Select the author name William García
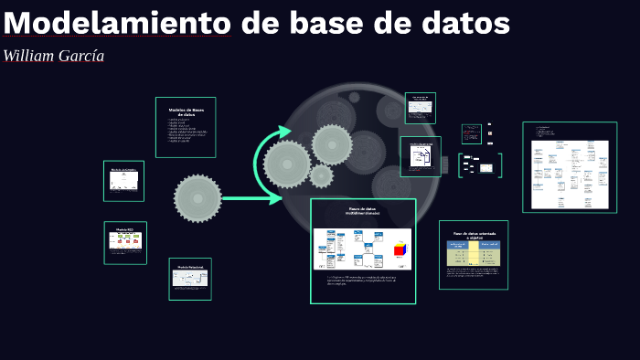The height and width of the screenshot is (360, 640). click(54, 56)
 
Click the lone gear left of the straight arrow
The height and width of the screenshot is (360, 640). click(197, 198)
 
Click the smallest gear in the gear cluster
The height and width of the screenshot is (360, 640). click(321, 175)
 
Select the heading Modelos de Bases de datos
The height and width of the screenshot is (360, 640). click(187, 112)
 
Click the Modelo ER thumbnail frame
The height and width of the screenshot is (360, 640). click(125, 242)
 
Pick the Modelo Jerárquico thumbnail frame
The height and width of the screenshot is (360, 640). click(123, 181)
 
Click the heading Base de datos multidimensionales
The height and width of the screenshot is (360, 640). click(363, 213)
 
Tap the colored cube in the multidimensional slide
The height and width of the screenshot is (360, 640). click(400, 249)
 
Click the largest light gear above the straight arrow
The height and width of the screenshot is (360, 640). click(287, 164)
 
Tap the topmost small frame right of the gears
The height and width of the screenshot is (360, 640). click(421, 108)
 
